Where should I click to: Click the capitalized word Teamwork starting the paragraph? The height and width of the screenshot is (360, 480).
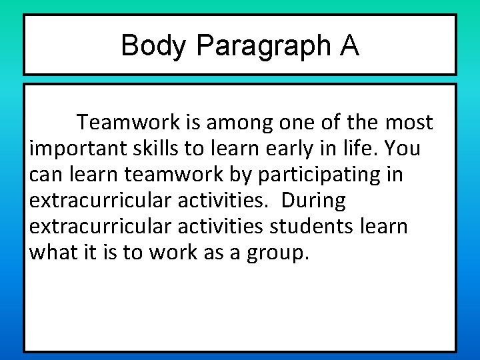coord(128,123)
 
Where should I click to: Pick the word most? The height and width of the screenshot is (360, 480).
coord(409,123)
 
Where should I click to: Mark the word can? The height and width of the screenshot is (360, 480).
coord(44,175)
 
